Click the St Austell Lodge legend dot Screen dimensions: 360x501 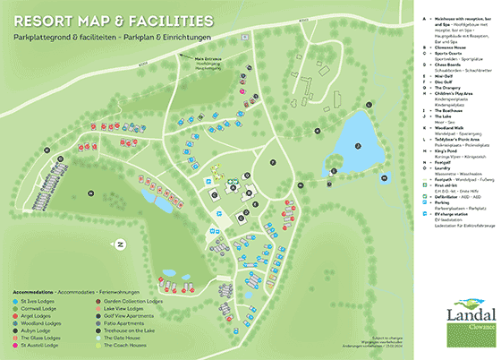point(16,344)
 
